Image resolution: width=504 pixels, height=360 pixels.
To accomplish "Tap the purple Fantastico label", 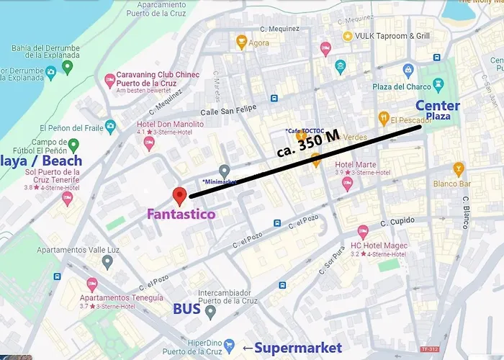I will tap(181, 214).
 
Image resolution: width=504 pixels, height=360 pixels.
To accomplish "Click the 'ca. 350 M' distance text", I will tap(308, 146).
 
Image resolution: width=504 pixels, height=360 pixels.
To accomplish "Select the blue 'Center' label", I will tap(438, 106).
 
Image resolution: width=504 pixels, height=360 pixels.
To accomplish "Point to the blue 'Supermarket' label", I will tap(292, 348).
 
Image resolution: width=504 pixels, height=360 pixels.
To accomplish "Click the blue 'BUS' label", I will tap(187, 309).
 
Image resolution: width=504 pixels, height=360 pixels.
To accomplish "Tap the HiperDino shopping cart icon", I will tap(230, 346).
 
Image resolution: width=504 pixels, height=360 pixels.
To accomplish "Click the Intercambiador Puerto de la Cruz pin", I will tap(210, 312).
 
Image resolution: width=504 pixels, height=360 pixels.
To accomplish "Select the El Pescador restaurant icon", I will tap(384, 117).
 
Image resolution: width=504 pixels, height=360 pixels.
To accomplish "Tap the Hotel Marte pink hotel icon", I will tap(347, 184).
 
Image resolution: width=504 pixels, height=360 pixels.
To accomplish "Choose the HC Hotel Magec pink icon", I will tap(364, 231).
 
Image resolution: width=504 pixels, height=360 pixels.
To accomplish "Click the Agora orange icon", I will tap(242, 42).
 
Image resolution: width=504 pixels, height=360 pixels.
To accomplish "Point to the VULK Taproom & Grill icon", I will tap(348, 36).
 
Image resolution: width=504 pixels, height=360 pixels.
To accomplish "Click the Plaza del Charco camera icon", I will tap(408, 71).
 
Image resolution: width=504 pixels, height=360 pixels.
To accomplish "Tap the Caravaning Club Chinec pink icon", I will tap(109, 80).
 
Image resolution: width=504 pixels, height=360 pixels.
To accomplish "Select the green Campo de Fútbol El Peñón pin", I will tap(73, 145).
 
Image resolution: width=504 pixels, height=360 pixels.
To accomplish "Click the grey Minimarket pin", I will tap(225, 171).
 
